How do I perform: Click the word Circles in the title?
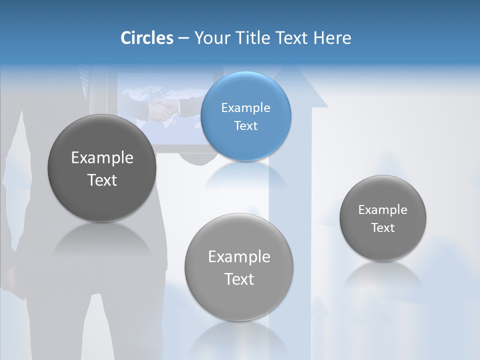(x=147, y=38)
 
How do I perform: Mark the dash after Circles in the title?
(x=183, y=38)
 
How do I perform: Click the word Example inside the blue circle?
(x=245, y=108)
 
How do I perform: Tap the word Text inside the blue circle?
(x=245, y=126)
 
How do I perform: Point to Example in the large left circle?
(x=102, y=158)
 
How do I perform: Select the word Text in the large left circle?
(x=102, y=180)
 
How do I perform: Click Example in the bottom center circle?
(x=239, y=257)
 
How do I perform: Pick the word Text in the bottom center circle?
(x=239, y=279)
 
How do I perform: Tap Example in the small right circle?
(x=382, y=210)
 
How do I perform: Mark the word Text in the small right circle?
(x=382, y=228)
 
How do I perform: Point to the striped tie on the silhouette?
(x=83, y=80)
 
